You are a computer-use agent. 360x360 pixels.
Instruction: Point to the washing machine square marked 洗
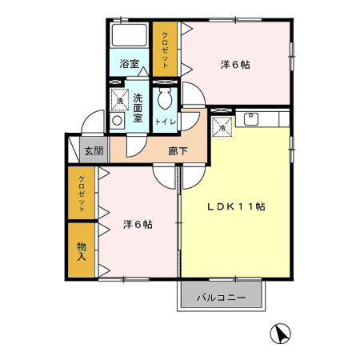click(119, 100)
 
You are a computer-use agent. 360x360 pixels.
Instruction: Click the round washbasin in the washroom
click(118, 121)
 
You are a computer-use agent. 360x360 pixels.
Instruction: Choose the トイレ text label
click(166, 122)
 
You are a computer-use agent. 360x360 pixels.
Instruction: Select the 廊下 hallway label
click(178, 150)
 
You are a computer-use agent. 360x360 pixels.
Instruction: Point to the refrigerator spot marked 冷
click(222, 126)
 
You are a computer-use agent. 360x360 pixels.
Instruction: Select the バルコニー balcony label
click(222, 298)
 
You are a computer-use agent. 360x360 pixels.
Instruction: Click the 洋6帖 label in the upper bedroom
click(234, 65)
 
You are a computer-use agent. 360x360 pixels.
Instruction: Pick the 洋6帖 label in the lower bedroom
click(137, 224)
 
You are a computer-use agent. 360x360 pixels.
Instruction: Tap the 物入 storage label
click(81, 251)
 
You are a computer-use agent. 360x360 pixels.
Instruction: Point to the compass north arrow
click(280, 333)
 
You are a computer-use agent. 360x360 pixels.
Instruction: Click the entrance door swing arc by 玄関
click(90, 123)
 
